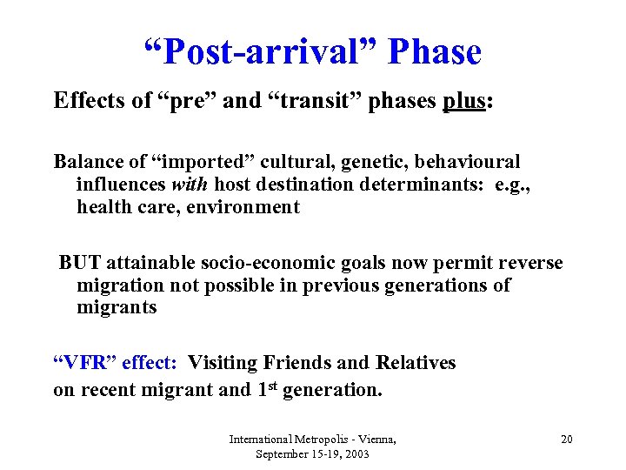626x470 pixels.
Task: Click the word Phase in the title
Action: (434, 53)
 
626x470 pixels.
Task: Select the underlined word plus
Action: (464, 101)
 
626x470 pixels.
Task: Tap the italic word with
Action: (190, 185)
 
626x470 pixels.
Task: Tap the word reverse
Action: (529, 263)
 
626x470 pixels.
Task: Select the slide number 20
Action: (566, 440)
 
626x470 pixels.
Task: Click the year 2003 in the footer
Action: (356, 454)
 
